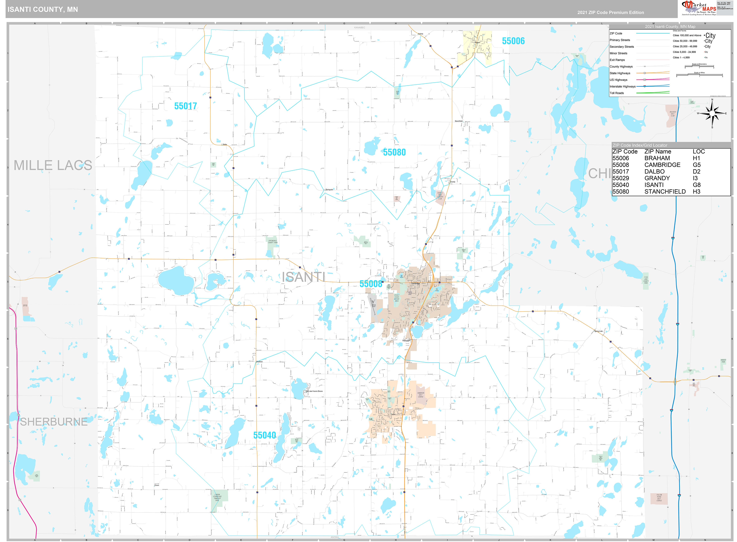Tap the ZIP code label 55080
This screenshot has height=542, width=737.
point(394,152)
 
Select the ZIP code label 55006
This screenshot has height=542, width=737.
point(513,41)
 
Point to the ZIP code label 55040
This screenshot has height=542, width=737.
point(264,435)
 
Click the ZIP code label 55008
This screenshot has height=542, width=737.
point(371,284)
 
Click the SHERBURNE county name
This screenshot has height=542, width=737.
point(54,422)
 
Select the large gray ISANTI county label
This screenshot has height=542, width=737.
point(303,277)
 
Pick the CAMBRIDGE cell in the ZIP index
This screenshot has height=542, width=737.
point(662,165)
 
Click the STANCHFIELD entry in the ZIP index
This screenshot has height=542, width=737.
point(665,192)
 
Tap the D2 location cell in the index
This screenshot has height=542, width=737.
point(696,172)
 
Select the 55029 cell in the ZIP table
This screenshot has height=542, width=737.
point(620,178)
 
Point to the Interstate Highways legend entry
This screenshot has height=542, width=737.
point(622,87)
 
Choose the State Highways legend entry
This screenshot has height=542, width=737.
point(620,73)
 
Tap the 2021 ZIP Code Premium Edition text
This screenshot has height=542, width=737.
point(611,13)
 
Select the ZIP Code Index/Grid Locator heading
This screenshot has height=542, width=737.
point(640,145)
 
